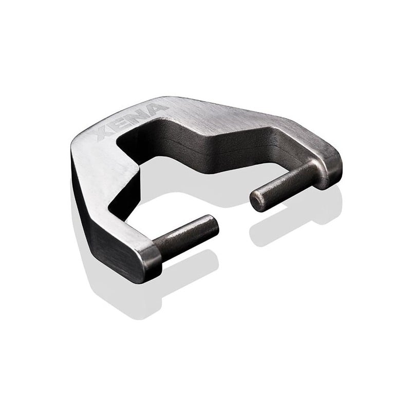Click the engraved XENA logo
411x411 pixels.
click(x=132, y=123)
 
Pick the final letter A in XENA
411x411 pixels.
click(x=156, y=110)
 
